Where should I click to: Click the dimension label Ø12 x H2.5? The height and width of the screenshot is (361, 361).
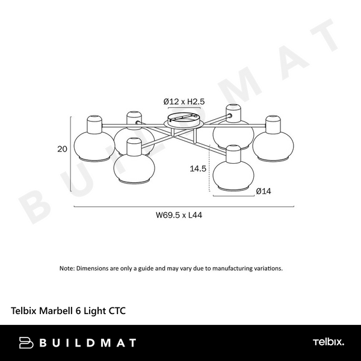[184, 102]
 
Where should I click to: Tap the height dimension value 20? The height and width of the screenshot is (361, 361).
[62, 150]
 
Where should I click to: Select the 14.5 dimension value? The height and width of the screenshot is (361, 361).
[198, 169]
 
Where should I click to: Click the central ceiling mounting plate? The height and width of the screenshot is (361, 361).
[184, 120]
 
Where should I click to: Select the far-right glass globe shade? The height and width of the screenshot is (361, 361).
[271, 144]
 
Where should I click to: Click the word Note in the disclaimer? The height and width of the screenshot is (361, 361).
[66, 268]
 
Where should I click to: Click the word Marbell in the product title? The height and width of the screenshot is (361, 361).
[62, 311]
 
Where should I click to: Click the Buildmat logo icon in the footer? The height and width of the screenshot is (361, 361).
[25, 343]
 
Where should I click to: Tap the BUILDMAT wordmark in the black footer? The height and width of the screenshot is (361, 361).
[87, 343]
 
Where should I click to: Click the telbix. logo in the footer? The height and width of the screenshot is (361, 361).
[328, 342]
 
